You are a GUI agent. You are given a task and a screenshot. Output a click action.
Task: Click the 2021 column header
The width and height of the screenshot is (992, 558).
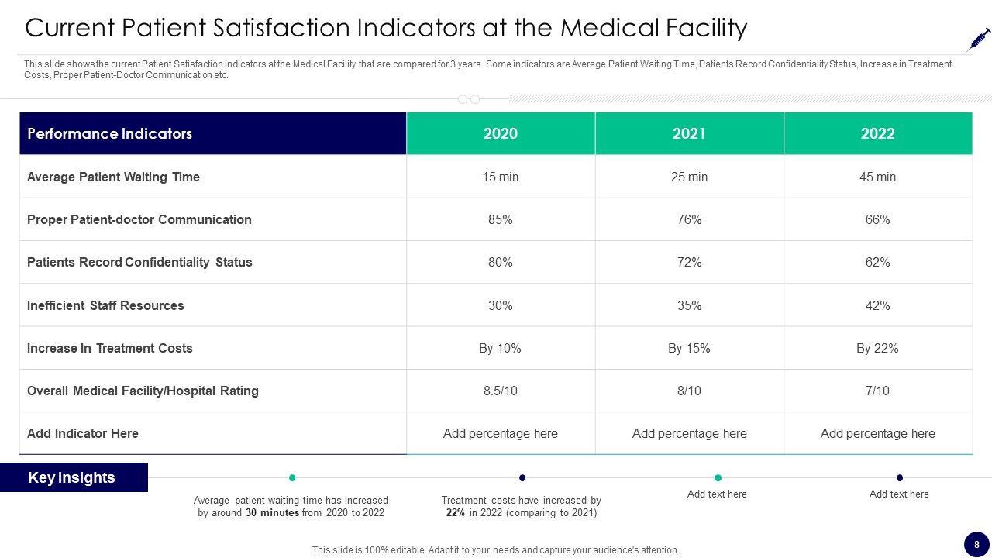pyautogui.click(x=689, y=133)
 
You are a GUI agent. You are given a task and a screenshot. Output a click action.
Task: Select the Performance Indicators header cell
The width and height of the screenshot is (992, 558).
pyautogui.click(x=212, y=133)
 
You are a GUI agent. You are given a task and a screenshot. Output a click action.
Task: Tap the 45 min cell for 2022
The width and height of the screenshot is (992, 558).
pyautogui.click(x=877, y=177)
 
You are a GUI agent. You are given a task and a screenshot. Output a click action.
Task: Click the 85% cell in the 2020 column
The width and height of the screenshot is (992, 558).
pyautogui.click(x=500, y=219)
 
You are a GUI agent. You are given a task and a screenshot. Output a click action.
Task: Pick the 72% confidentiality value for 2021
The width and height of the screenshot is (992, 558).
pyautogui.click(x=689, y=262)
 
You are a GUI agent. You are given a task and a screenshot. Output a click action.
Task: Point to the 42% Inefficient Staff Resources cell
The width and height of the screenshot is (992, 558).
pyautogui.click(x=877, y=305)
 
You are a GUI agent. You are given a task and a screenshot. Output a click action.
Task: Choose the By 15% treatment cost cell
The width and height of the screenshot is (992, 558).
pyautogui.click(x=689, y=348)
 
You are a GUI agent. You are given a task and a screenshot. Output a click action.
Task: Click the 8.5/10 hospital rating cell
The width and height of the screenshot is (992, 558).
pyautogui.click(x=500, y=391)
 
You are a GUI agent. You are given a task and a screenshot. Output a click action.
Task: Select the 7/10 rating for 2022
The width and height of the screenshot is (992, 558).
pyautogui.click(x=877, y=391)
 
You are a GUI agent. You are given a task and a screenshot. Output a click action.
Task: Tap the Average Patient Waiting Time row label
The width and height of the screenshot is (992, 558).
pyautogui.click(x=113, y=177)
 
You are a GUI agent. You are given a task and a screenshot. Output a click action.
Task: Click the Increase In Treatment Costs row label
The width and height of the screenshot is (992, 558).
pyautogui.click(x=109, y=348)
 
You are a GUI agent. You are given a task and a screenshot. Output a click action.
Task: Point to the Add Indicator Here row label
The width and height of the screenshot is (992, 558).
pyautogui.click(x=82, y=433)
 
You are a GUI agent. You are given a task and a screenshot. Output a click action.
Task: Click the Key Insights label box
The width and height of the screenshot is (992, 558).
pyautogui.click(x=73, y=477)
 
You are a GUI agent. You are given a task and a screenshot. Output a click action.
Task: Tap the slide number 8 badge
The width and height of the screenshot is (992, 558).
pyautogui.click(x=976, y=543)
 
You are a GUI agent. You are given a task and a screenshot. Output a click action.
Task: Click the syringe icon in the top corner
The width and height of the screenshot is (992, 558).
pyautogui.click(x=980, y=39)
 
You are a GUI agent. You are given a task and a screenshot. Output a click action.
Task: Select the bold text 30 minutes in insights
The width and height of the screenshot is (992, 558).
pyautogui.click(x=272, y=513)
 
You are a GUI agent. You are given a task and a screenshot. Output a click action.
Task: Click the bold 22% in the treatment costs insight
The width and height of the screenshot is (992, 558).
pyautogui.click(x=455, y=513)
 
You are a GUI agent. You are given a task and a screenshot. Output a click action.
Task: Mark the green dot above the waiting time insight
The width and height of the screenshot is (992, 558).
pyautogui.click(x=292, y=477)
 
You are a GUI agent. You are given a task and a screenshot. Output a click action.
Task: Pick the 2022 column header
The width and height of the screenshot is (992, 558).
pyautogui.click(x=877, y=133)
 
